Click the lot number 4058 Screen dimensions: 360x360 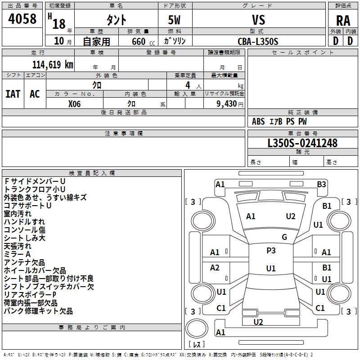point(22,19)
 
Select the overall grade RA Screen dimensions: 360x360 point(343,20)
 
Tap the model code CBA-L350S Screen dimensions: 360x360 point(258,41)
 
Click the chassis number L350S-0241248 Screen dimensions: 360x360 point(302,143)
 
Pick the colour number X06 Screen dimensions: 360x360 point(75,103)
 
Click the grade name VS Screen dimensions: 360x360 point(258,20)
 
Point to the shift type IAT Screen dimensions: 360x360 point(13,94)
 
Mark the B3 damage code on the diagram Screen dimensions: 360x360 point(321,184)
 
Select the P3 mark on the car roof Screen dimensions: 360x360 point(271,251)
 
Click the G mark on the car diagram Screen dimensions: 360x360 point(284,237)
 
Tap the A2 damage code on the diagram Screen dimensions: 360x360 point(215,268)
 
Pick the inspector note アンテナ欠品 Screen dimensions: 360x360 point(24,262)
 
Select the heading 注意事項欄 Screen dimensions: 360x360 point(123,134)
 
